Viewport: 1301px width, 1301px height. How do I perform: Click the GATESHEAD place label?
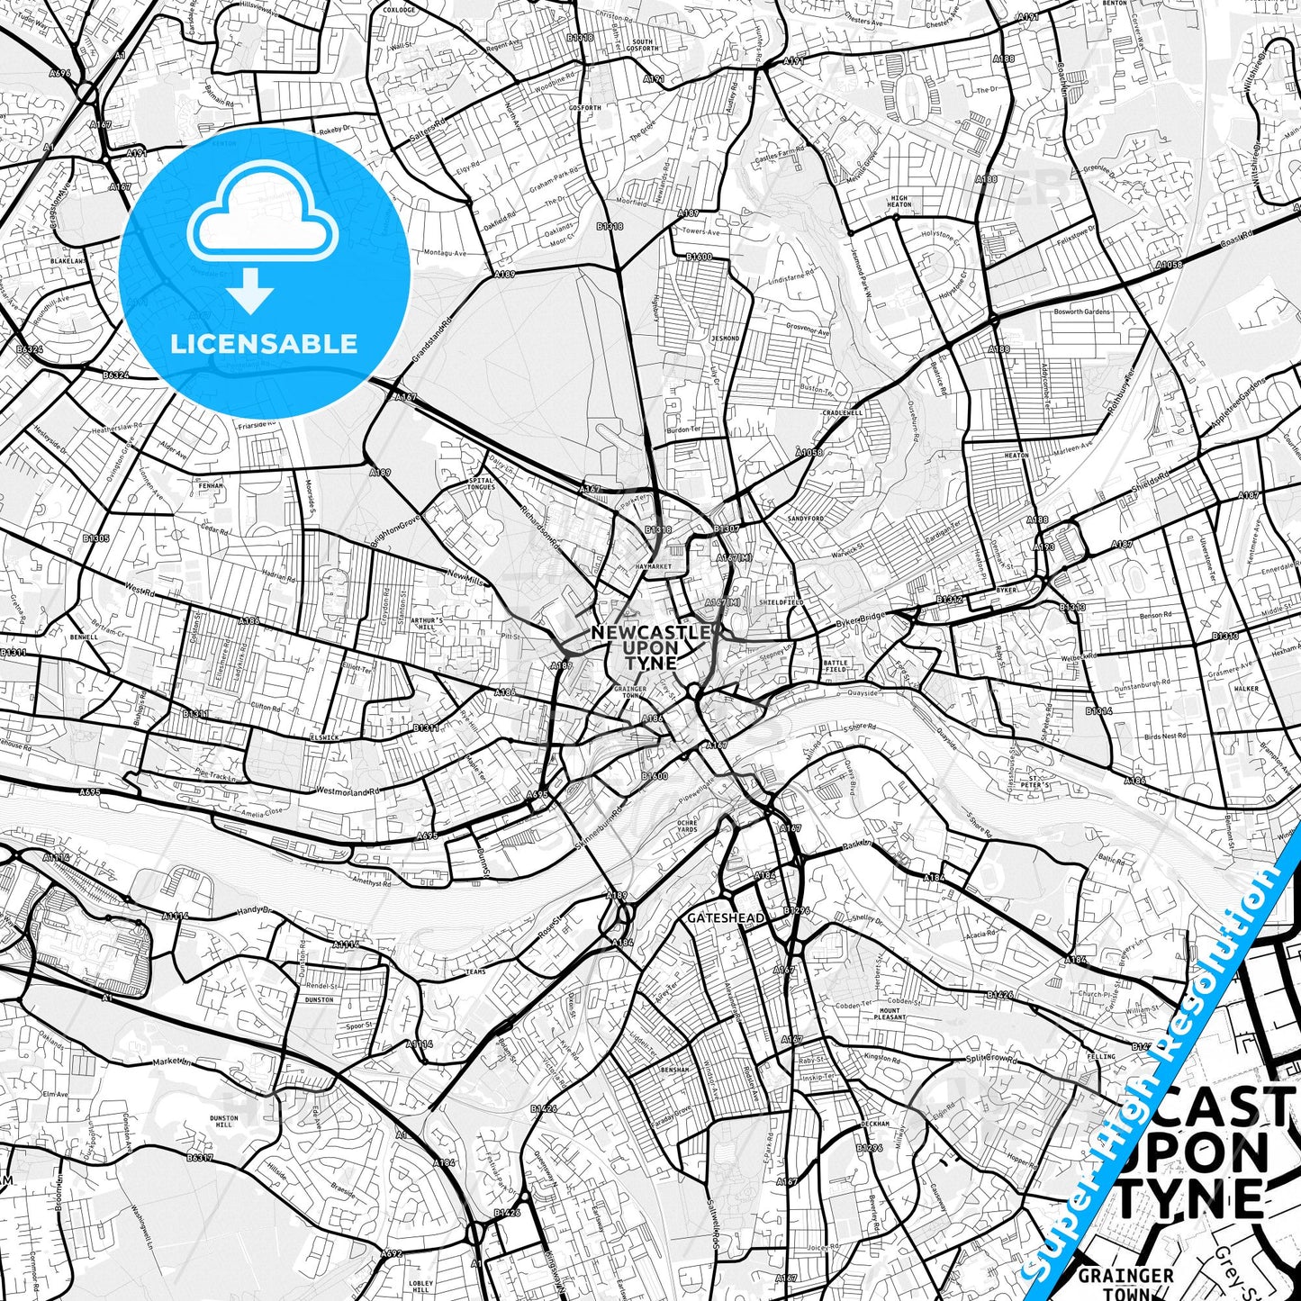pos(726,918)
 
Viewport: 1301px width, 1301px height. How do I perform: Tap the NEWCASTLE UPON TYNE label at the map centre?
pos(650,647)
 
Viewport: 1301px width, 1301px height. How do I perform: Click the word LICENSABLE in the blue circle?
pos(264,343)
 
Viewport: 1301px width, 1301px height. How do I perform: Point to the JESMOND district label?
pos(725,339)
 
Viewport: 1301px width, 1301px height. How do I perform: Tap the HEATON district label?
pos(1016,456)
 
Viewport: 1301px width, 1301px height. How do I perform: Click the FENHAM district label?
pos(211,485)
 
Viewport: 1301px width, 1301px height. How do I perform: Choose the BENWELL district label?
pos(84,637)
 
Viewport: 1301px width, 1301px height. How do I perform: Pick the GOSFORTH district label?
pos(585,108)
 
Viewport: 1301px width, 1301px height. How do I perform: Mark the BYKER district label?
pos(1007,590)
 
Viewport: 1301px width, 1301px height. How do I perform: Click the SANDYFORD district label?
pos(806,519)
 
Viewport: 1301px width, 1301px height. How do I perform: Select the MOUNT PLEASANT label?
pos(890,1015)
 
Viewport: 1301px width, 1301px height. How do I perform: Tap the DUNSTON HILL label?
pos(224,1121)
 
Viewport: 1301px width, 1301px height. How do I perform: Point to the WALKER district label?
pos(1246,689)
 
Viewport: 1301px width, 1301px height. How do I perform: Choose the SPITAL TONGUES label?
pos(482,483)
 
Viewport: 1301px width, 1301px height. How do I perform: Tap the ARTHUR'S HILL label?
pos(427,624)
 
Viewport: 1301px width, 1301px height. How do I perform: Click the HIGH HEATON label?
pos(899,202)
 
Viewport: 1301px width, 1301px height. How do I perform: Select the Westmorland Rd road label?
pos(348,791)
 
